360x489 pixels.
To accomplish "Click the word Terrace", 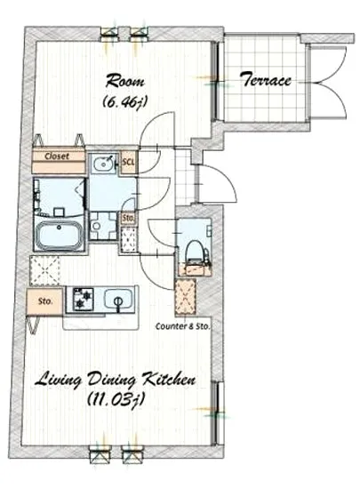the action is [x=267, y=80].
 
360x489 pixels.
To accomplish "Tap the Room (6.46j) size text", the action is [x=125, y=101].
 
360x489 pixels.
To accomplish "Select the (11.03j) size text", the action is [x=116, y=398].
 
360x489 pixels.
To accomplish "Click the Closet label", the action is [x=57, y=156].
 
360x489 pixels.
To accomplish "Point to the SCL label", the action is [x=128, y=162].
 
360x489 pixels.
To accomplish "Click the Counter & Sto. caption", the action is [x=182, y=326].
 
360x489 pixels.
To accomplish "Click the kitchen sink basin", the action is [x=117, y=300].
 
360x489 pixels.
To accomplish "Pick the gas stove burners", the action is [x=83, y=299].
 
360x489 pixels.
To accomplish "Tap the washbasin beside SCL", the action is [x=104, y=163].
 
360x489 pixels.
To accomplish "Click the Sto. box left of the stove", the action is [x=45, y=301].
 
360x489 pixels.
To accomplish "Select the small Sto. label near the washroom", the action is [x=128, y=217].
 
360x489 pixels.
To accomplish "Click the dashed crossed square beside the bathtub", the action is [x=45, y=270].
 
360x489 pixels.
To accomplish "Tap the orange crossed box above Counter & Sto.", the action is [x=185, y=297].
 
